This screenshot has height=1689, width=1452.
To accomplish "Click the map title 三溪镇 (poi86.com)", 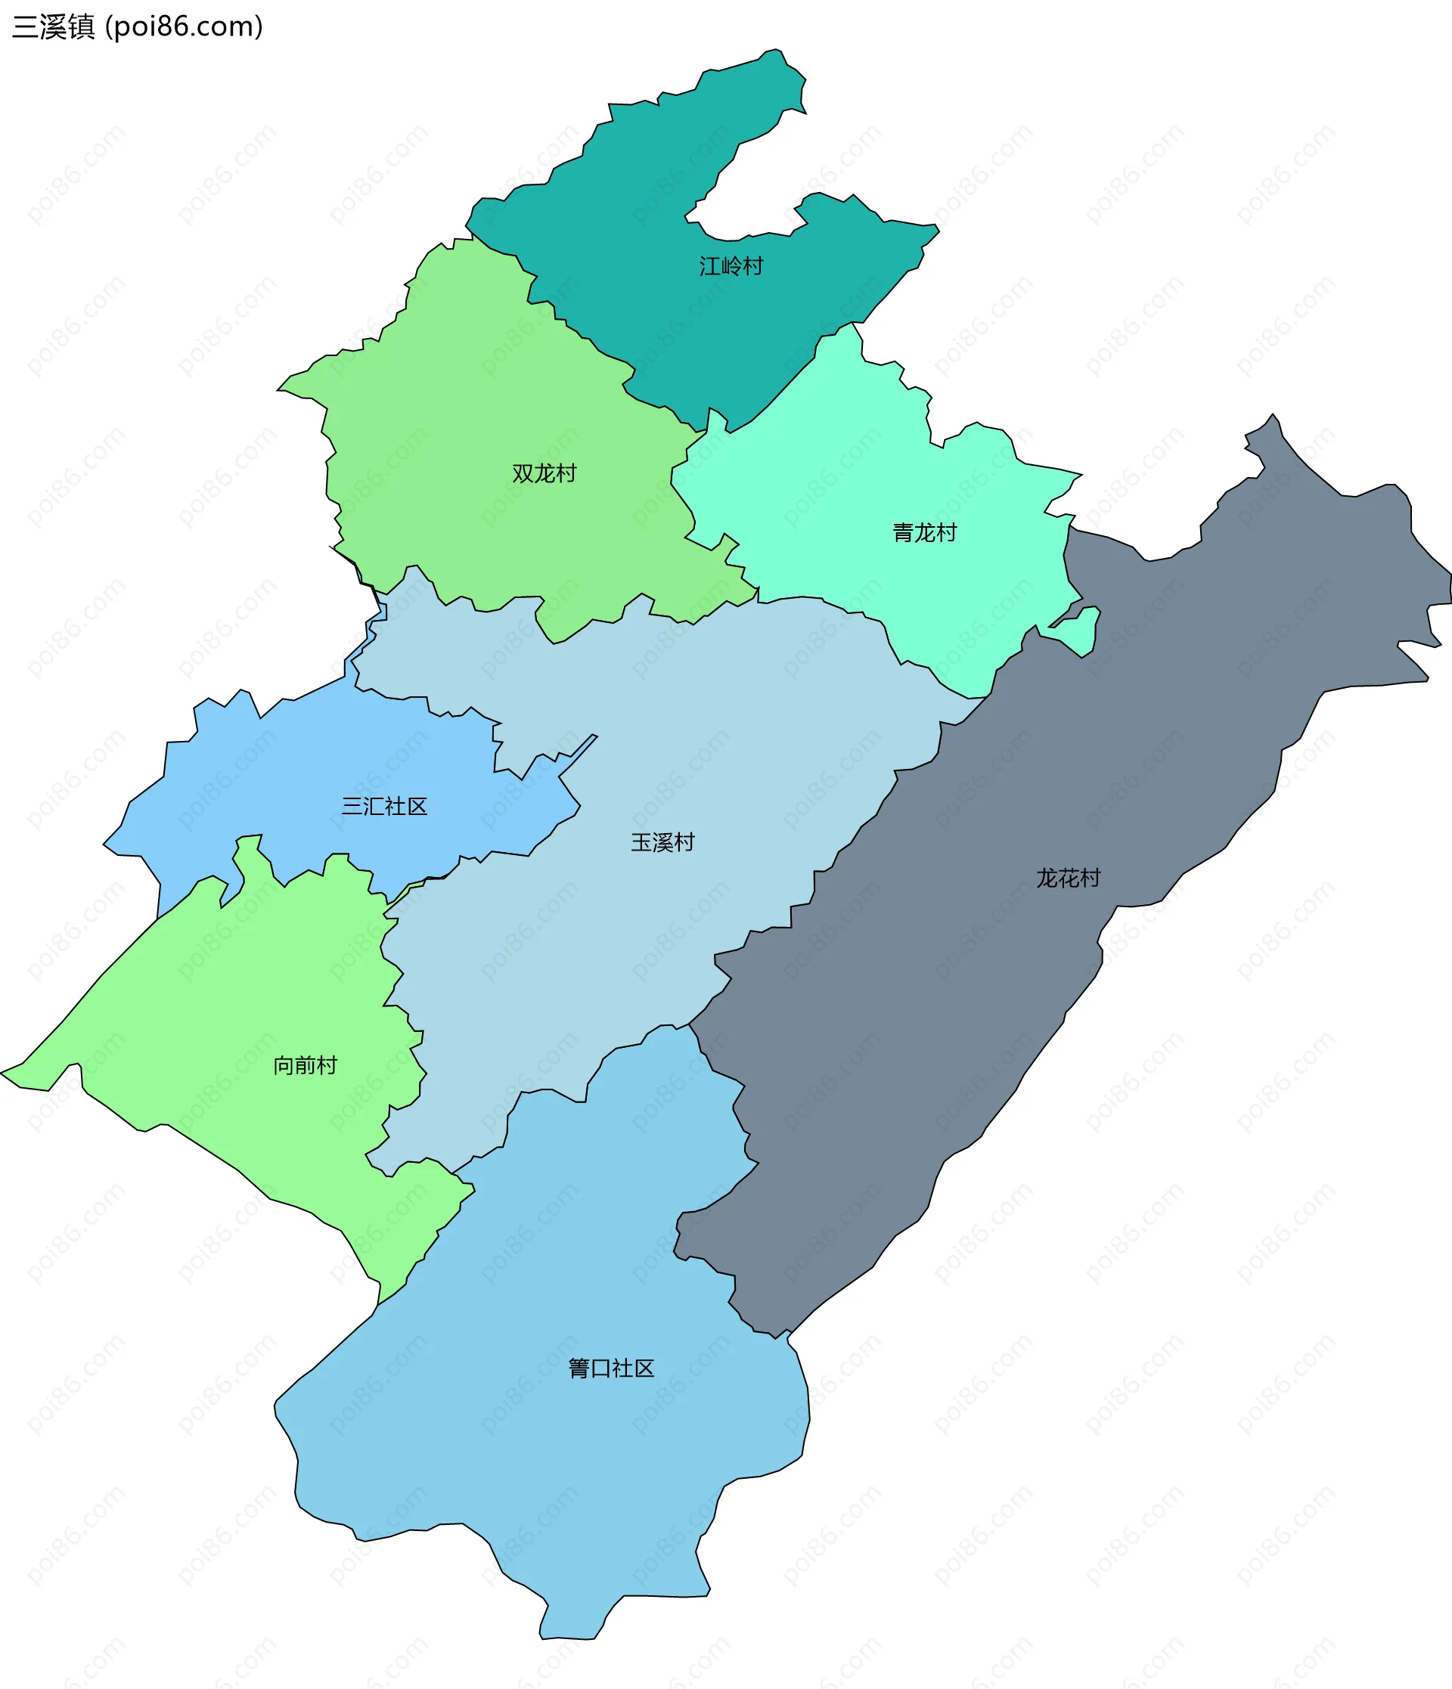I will [x=137, y=27].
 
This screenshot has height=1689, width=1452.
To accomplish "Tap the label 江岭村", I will [x=731, y=267].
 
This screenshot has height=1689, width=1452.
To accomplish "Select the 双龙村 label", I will [x=544, y=473].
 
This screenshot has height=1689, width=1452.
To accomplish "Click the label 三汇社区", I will [x=384, y=807].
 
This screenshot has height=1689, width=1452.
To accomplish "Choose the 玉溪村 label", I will [x=662, y=843].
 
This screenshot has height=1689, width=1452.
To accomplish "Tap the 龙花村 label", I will [x=1068, y=879].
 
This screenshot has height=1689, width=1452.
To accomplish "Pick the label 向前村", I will [x=305, y=1066].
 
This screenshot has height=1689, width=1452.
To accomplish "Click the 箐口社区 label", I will [x=610, y=1368].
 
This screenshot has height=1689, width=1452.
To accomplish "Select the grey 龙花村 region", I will [x=1182, y=733].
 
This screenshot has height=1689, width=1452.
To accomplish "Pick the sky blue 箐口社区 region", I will [x=571, y=1467].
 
